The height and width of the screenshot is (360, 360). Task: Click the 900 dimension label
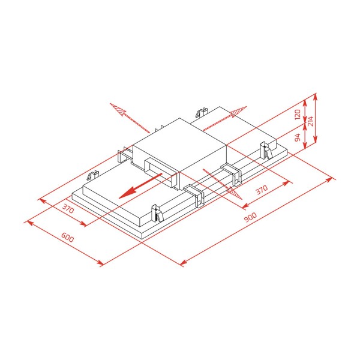coord(250,217)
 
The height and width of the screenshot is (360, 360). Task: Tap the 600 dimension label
coord(68,238)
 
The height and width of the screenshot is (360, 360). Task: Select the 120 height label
coord(298,114)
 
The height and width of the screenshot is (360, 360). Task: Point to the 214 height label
coord(310,121)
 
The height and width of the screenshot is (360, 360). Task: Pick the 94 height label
coord(298,137)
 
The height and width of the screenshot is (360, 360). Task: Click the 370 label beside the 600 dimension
coord(68,208)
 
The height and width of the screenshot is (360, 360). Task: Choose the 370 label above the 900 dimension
coord(262,190)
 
